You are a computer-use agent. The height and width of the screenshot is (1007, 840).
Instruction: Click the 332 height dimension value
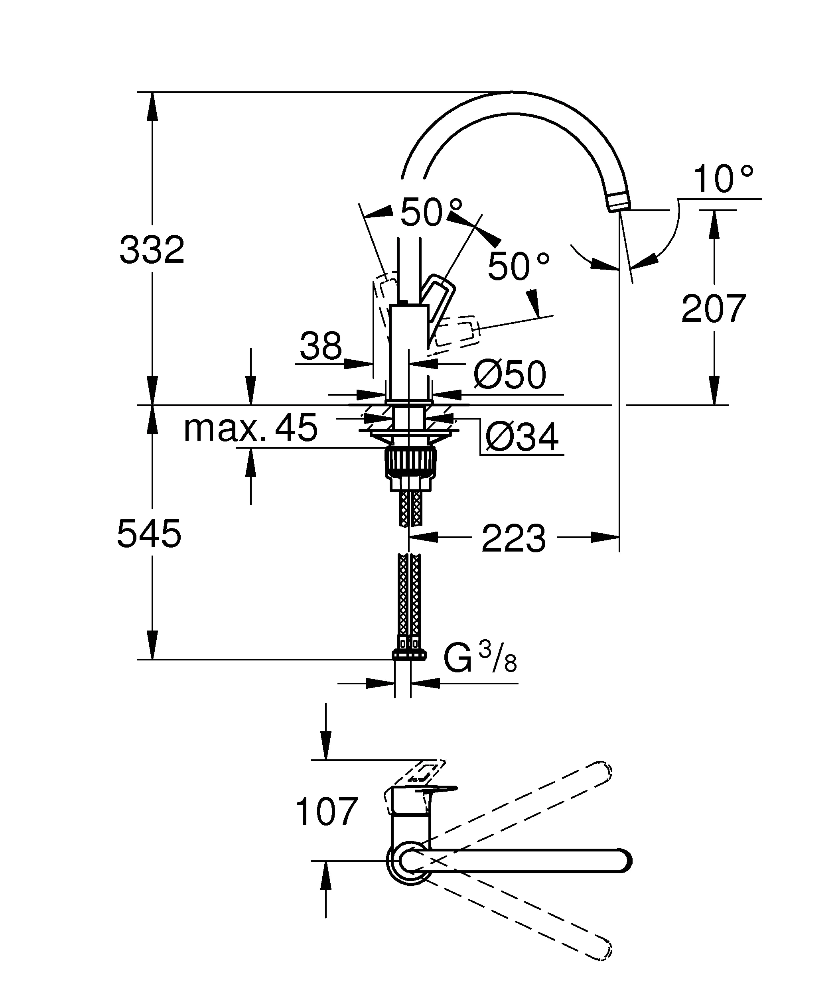click(x=152, y=250)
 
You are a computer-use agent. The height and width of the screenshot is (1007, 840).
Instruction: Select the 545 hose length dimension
click(x=149, y=533)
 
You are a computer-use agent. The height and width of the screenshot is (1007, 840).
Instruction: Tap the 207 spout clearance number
click(x=714, y=309)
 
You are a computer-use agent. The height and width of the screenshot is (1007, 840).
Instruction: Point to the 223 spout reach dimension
click(x=513, y=538)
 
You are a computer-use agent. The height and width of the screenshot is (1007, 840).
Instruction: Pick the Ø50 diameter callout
click(x=510, y=374)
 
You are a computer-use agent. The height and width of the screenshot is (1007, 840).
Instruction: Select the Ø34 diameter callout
click(x=522, y=437)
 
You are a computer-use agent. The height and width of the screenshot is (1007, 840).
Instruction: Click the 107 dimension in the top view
click(x=327, y=811)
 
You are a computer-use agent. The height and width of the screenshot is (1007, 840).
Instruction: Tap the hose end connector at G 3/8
click(x=408, y=654)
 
